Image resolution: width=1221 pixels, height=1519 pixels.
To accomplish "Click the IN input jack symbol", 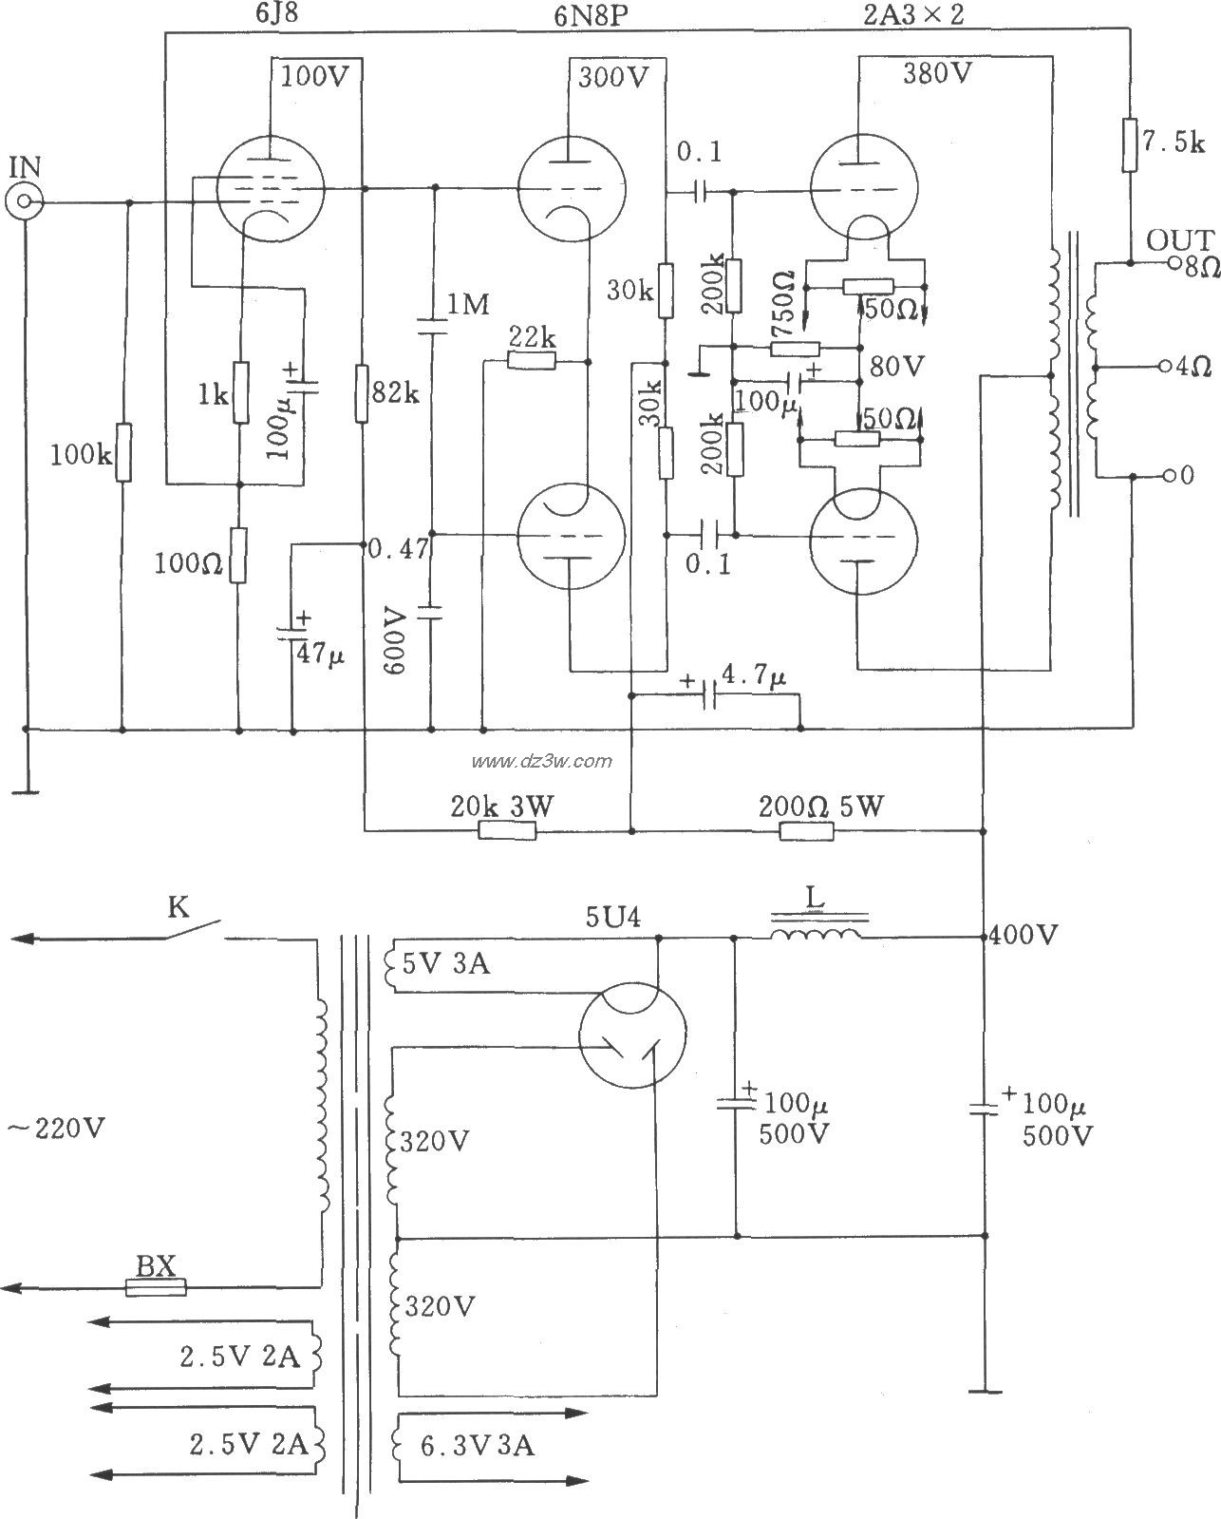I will (x=25, y=201).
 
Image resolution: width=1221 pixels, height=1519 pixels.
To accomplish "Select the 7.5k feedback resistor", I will (x=1131, y=144).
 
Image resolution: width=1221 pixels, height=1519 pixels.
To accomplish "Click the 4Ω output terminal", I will (x=1165, y=366).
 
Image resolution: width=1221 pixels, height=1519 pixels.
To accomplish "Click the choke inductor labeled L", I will (x=817, y=936).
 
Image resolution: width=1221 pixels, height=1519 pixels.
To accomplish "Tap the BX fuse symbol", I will (x=157, y=1288).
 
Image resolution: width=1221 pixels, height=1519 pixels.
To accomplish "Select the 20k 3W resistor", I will (x=507, y=831).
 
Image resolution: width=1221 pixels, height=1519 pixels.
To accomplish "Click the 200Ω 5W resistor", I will (x=807, y=831).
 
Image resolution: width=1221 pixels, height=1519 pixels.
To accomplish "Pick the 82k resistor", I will (x=364, y=391).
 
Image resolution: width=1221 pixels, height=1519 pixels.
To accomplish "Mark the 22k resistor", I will (x=532, y=361).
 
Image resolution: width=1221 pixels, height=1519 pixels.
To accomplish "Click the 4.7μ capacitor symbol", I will (x=708, y=696).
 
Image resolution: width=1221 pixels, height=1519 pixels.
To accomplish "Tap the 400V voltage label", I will (x=1024, y=936).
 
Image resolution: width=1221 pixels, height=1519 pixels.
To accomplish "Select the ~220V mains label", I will (x=57, y=1129).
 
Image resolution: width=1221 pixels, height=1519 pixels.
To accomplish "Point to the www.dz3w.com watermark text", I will (x=542, y=760).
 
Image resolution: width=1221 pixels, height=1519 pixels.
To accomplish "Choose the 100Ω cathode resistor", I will (x=238, y=556).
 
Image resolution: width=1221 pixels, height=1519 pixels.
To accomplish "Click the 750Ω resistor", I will (x=796, y=349).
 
